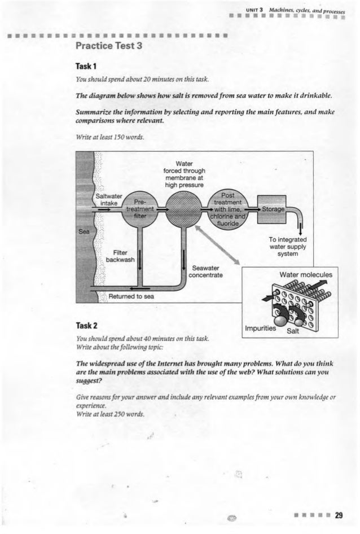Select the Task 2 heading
coord(80,325)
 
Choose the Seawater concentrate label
coord(208,271)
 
